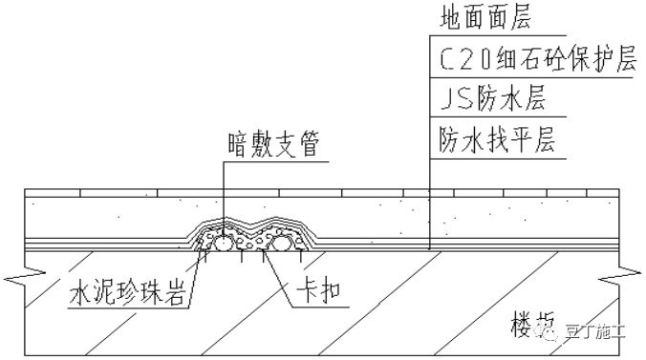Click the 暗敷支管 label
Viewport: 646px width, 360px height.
(x=272, y=143)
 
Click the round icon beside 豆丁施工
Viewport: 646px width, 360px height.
(x=553, y=332)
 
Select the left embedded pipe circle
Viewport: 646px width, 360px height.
(x=222, y=244)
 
